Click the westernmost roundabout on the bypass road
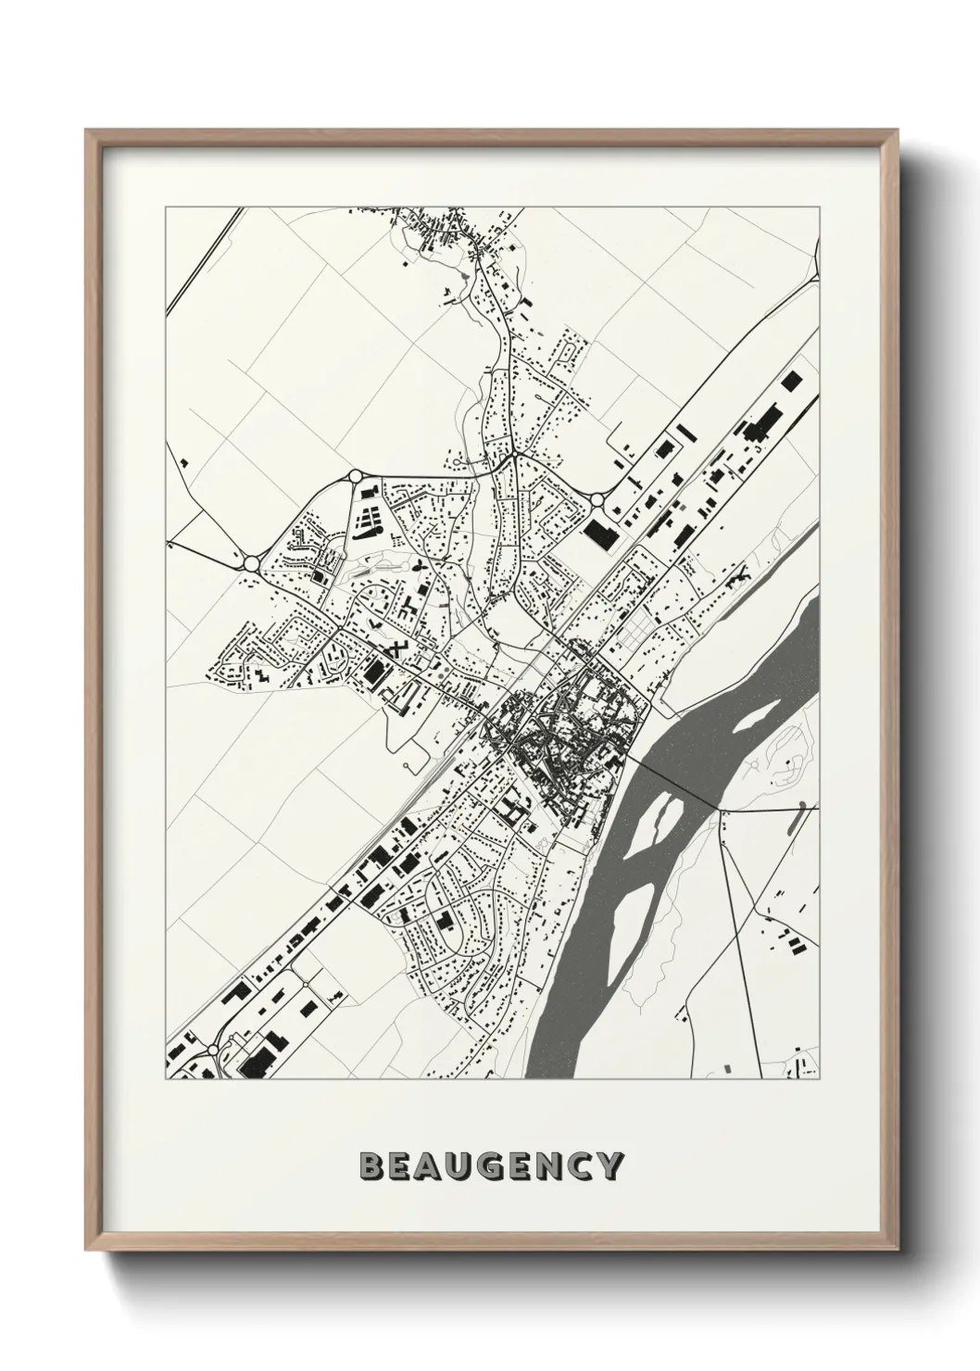251,562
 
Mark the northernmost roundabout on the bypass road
356,476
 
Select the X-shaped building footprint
396,648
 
